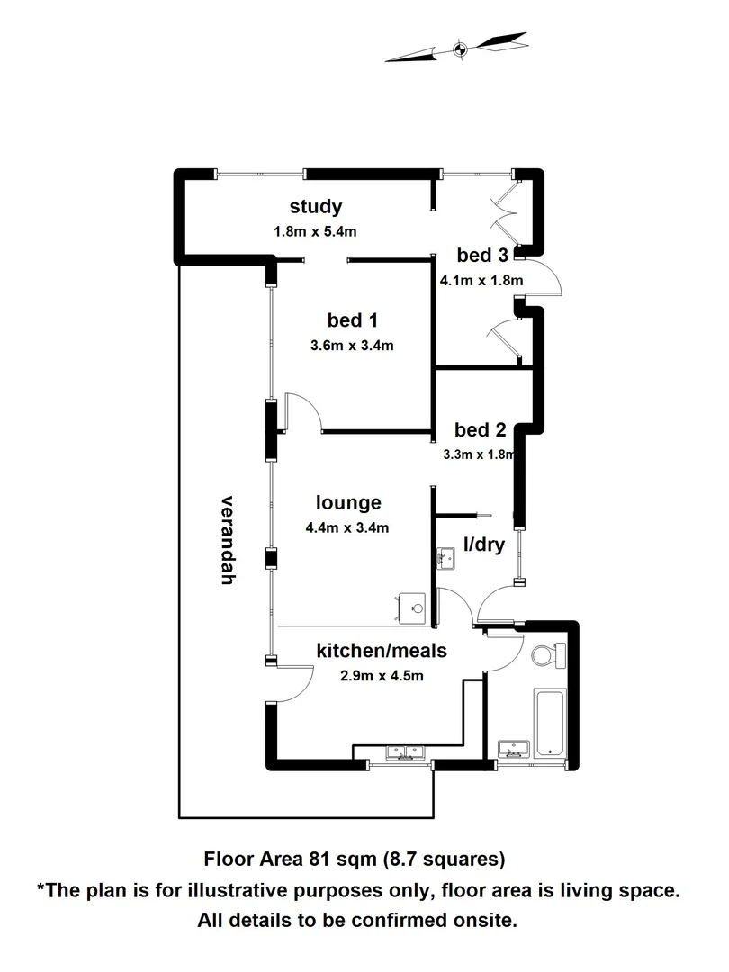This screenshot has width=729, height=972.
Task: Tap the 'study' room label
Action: pyautogui.click(x=315, y=207)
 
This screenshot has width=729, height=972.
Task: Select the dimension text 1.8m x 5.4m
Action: pyautogui.click(x=315, y=231)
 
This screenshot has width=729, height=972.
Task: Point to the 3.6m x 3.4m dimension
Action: pyautogui.click(x=352, y=345)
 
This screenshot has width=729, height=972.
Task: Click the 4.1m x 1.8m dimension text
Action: pyautogui.click(x=481, y=280)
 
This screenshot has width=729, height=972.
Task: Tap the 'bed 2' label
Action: pyautogui.click(x=480, y=429)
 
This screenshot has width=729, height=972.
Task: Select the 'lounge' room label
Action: pyautogui.click(x=348, y=503)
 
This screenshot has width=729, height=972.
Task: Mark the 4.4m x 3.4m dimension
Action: pyautogui.click(x=348, y=527)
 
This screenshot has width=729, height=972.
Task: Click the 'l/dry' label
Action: pyautogui.click(x=482, y=544)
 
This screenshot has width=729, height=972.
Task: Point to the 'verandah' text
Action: pyautogui.click(x=227, y=540)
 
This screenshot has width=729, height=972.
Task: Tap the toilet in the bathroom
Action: pyautogui.click(x=546, y=657)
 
